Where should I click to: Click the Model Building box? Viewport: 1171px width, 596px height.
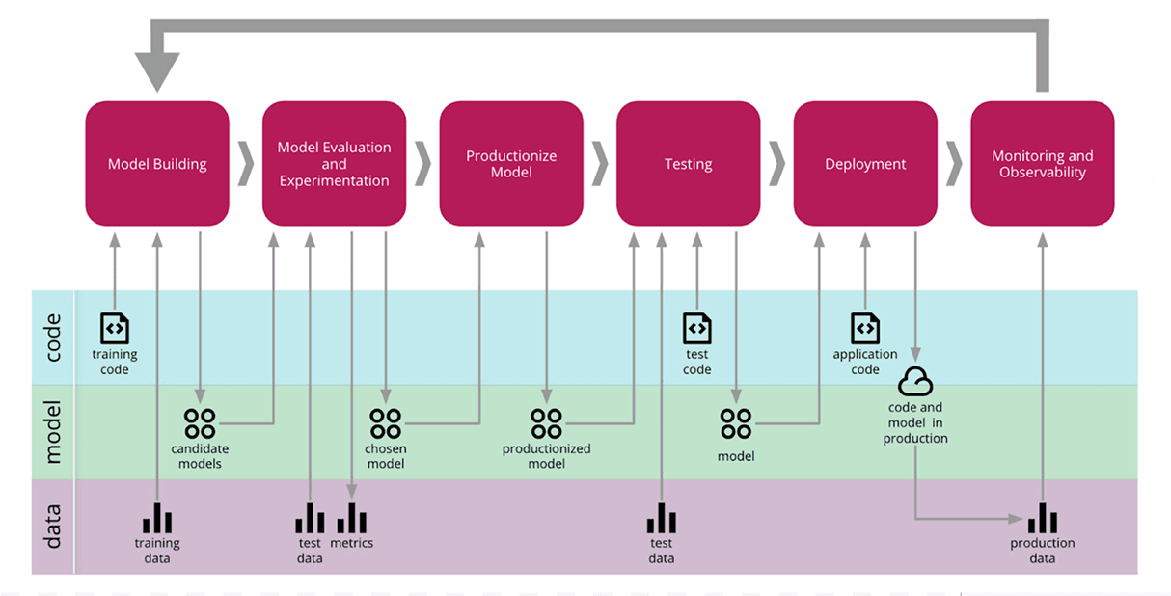[157, 164]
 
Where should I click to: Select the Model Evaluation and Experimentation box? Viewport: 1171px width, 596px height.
[334, 164]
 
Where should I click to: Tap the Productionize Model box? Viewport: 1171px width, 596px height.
[511, 164]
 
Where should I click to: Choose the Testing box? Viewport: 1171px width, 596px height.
[688, 164]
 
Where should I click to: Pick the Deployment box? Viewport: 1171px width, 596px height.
[865, 164]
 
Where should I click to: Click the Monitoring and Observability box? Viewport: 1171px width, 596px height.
[1042, 164]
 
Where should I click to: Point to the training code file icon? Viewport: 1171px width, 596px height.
[115, 328]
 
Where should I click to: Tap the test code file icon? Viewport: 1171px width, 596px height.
[696, 328]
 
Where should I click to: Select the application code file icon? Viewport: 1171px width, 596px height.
[865, 328]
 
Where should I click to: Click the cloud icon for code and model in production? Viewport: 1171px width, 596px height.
[915, 383]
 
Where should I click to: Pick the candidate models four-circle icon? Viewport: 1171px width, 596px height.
[200, 423]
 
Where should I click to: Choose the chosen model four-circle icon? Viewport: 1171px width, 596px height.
[385, 423]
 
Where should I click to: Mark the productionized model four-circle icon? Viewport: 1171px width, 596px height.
[546, 423]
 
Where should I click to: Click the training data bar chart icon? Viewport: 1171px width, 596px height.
[157, 518]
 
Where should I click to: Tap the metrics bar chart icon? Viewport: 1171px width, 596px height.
[351, 518]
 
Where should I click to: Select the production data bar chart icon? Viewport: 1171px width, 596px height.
[1042, 518]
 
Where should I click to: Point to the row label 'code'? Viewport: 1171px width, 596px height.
[53, 338]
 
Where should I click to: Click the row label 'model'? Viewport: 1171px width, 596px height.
[53, 432]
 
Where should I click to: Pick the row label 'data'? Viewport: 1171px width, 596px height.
[53, 527]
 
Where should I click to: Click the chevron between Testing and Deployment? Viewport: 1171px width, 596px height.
[776, 165]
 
